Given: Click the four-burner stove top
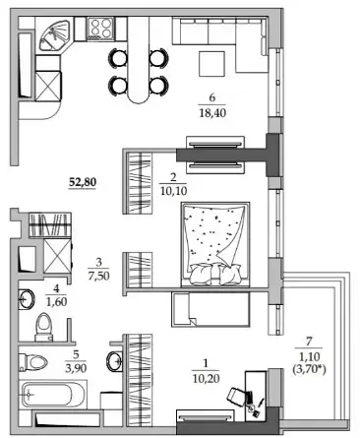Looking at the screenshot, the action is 101,28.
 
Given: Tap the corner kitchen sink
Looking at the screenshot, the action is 53,35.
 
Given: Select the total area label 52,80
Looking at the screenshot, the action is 83,182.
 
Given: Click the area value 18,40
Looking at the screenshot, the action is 212,113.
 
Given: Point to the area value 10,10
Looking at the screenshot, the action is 174,190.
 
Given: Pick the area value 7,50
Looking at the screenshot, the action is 98,276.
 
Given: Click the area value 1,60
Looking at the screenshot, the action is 57,301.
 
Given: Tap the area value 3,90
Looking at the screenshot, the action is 76,368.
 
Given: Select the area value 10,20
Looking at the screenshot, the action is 206,378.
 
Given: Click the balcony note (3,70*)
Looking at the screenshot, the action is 309,370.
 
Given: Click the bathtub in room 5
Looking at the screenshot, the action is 51,394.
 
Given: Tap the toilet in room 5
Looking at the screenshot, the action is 32,362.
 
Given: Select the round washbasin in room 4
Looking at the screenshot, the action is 27,298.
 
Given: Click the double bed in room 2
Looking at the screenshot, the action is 215,244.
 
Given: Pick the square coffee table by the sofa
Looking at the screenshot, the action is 212,64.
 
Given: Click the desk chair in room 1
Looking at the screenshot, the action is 236,395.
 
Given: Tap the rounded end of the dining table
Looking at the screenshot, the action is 139,95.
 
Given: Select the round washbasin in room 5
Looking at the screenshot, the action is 114,361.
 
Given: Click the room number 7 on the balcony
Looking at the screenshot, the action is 309,342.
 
